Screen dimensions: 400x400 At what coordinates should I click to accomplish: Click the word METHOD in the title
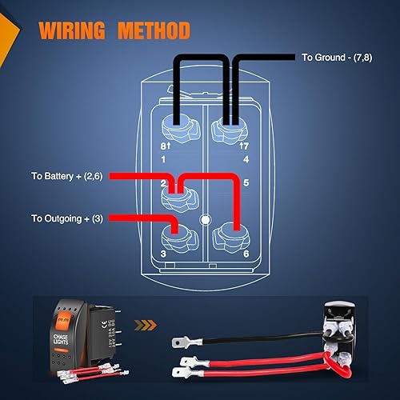[x=153, y=32]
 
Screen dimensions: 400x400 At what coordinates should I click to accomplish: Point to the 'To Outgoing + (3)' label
[x=66, y=218]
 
